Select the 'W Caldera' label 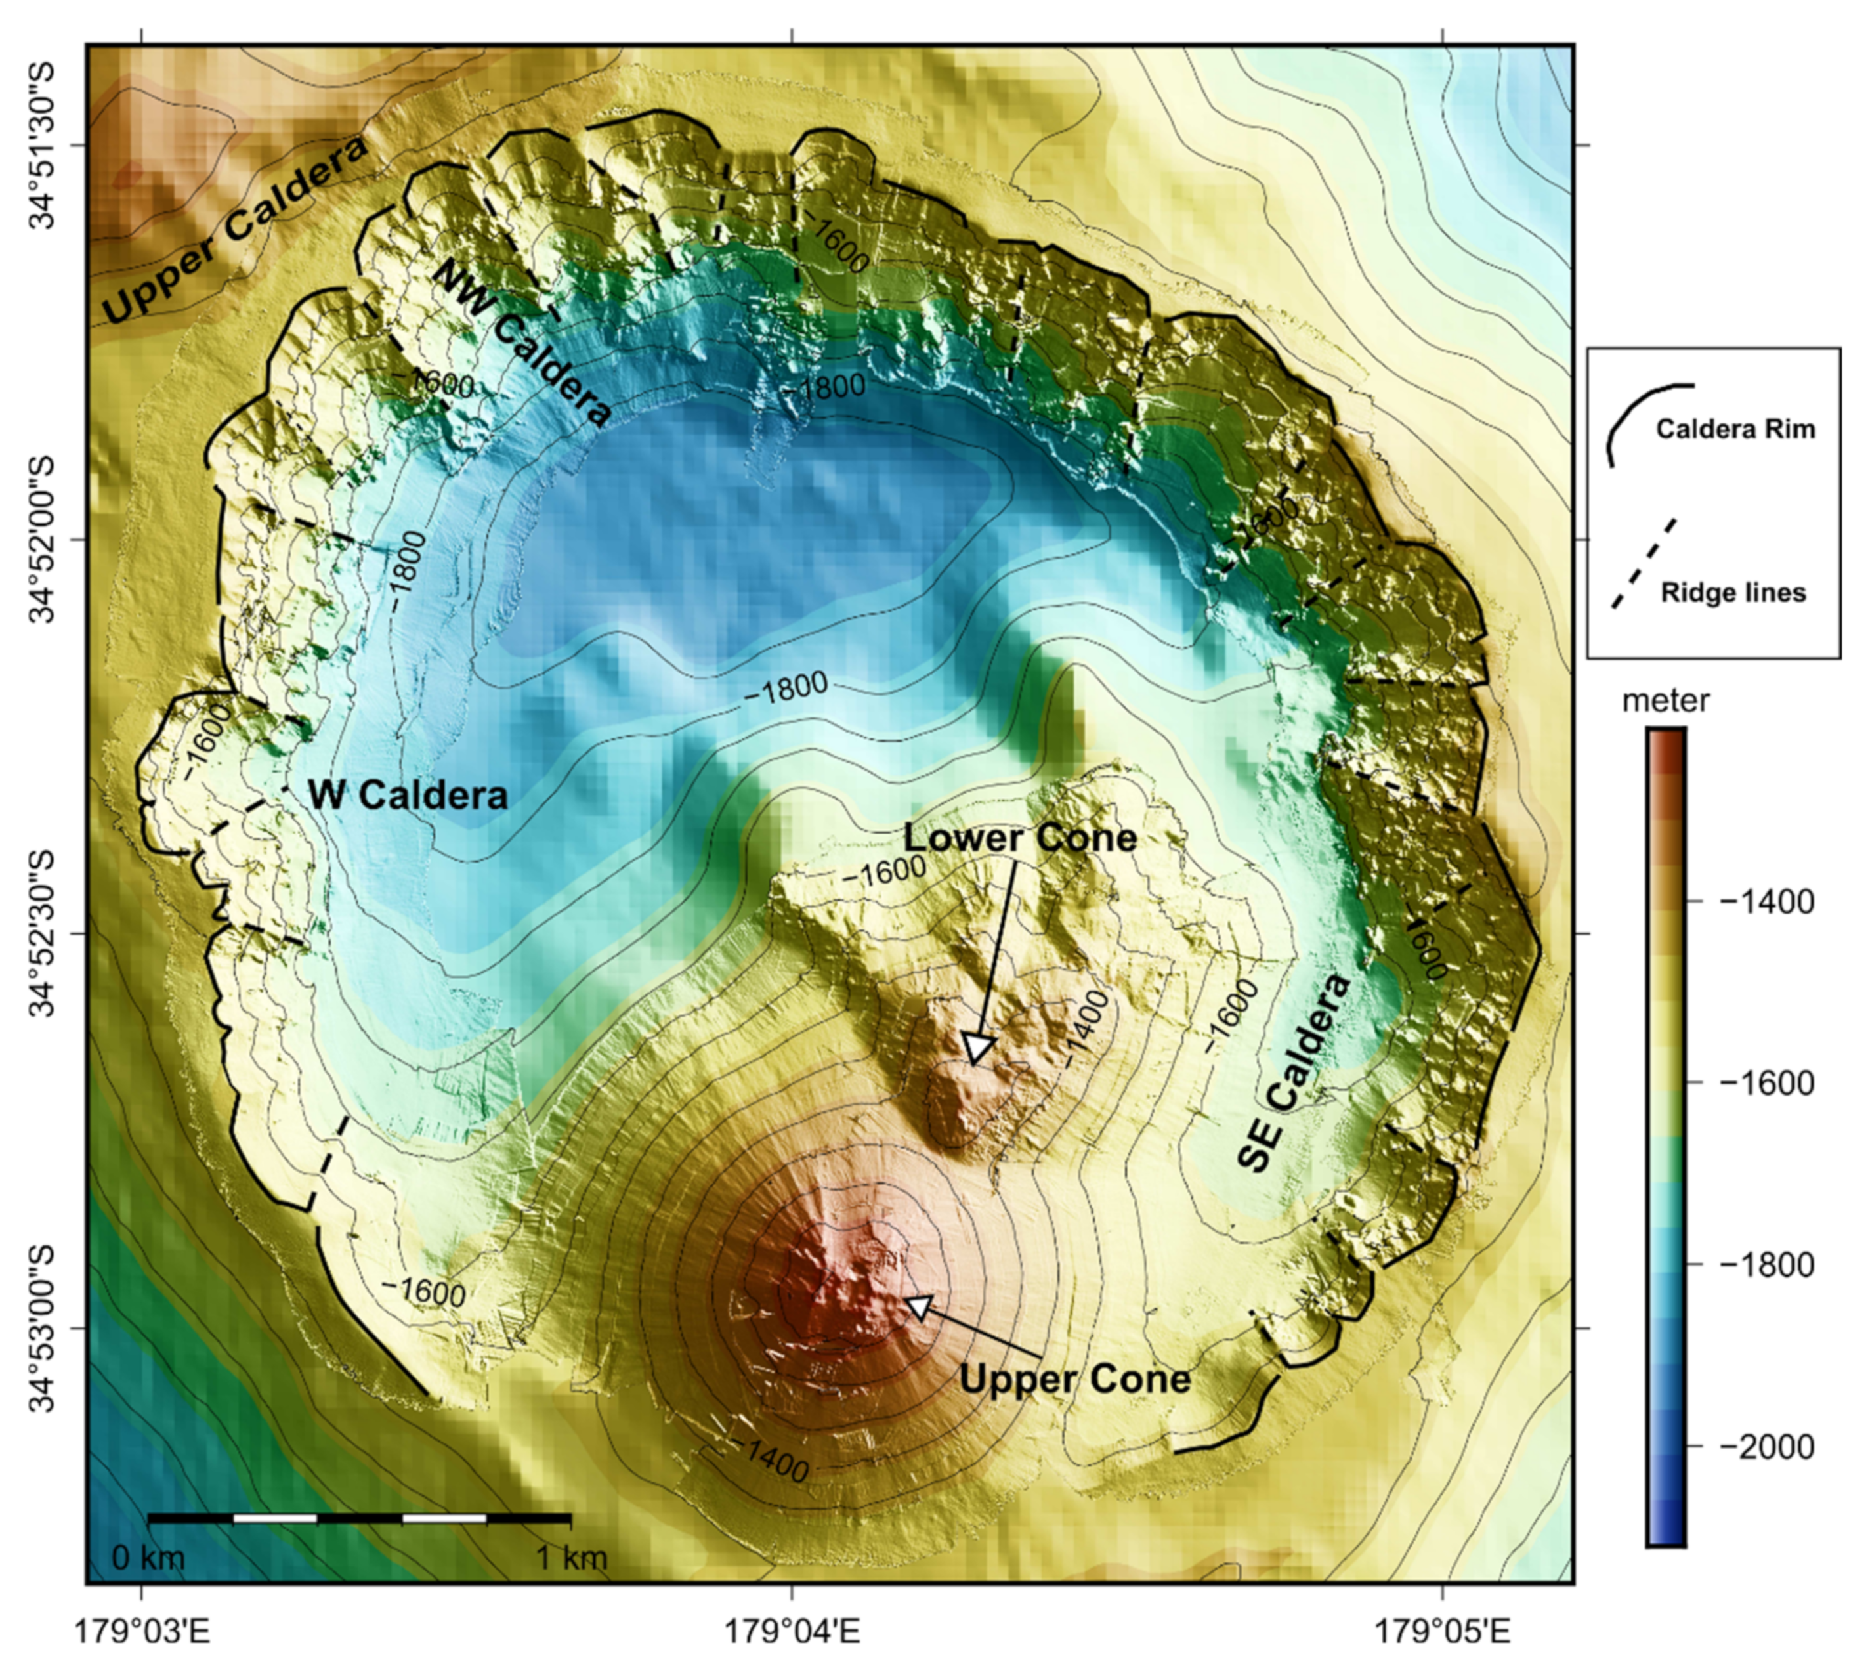point(408,794)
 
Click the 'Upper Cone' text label point(1074,1378)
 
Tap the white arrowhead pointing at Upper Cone point(918,1306)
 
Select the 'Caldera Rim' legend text point(1734,429)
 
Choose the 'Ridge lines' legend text point(1733,593)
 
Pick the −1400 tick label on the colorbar point(1766,902)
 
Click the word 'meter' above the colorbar point(1665,701)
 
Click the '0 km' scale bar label point(148,1558)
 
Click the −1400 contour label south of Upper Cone point(775,1460)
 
